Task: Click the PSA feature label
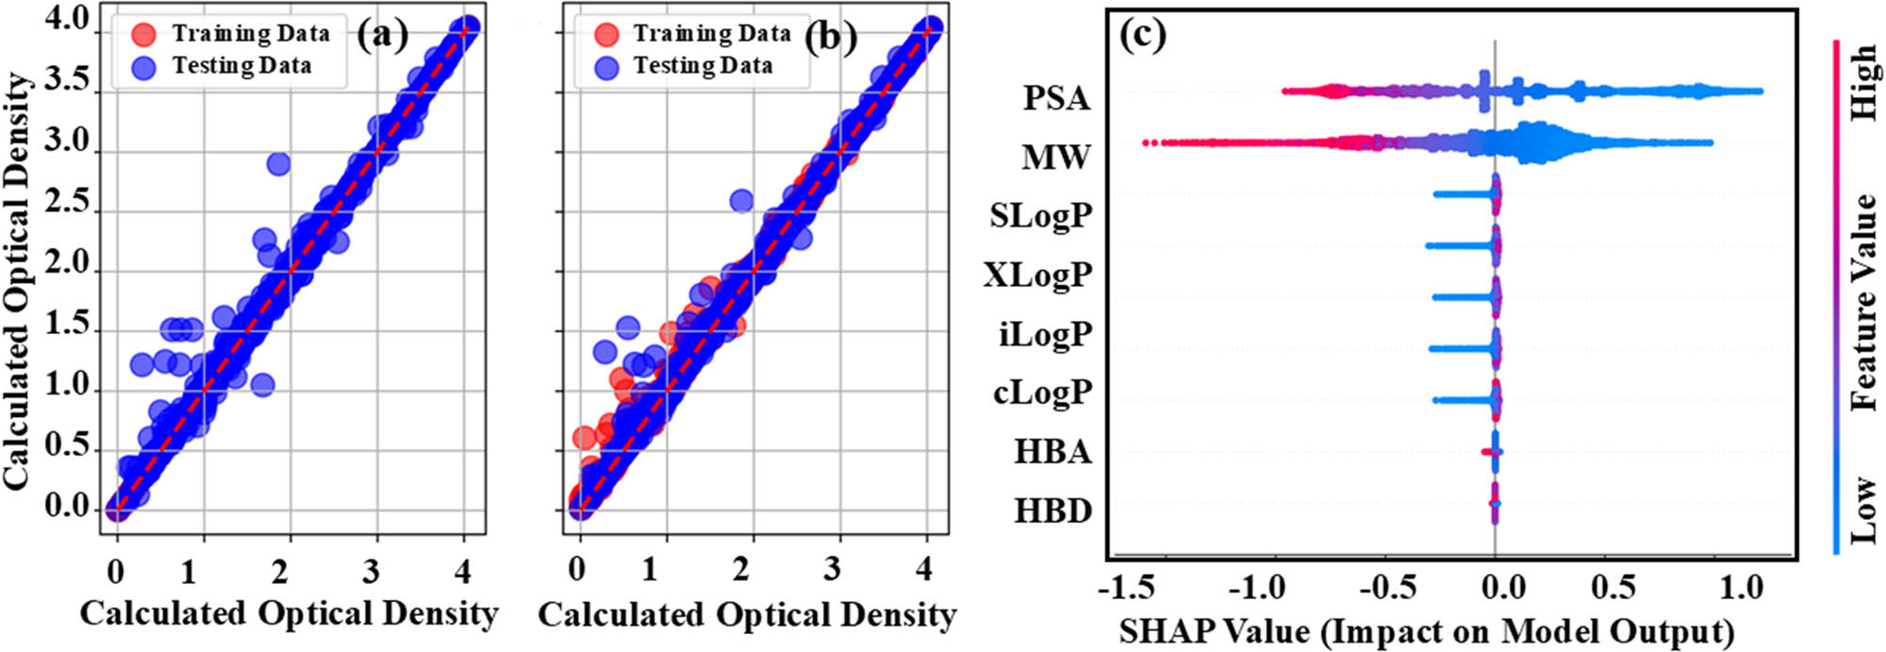[1056, 98]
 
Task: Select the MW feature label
[1055, 157]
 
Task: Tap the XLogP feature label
[1037, 275]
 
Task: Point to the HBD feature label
[1052, 510]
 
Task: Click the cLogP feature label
[1042, 392]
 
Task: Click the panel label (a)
[382, 35]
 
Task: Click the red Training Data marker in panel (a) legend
[143, 35]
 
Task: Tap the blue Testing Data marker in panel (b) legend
[606, 67]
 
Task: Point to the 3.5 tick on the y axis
[66, 80]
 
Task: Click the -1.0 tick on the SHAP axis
[1257, 588]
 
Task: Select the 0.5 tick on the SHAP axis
[1613, 588]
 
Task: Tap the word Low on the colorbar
[1863, 510]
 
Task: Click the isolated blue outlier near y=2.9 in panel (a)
[278, 164]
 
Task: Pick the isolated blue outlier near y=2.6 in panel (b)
[741, 201]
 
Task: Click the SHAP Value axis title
[1427, 630]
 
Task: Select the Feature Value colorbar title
[1863, 302]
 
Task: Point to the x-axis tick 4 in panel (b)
[924, 569]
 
